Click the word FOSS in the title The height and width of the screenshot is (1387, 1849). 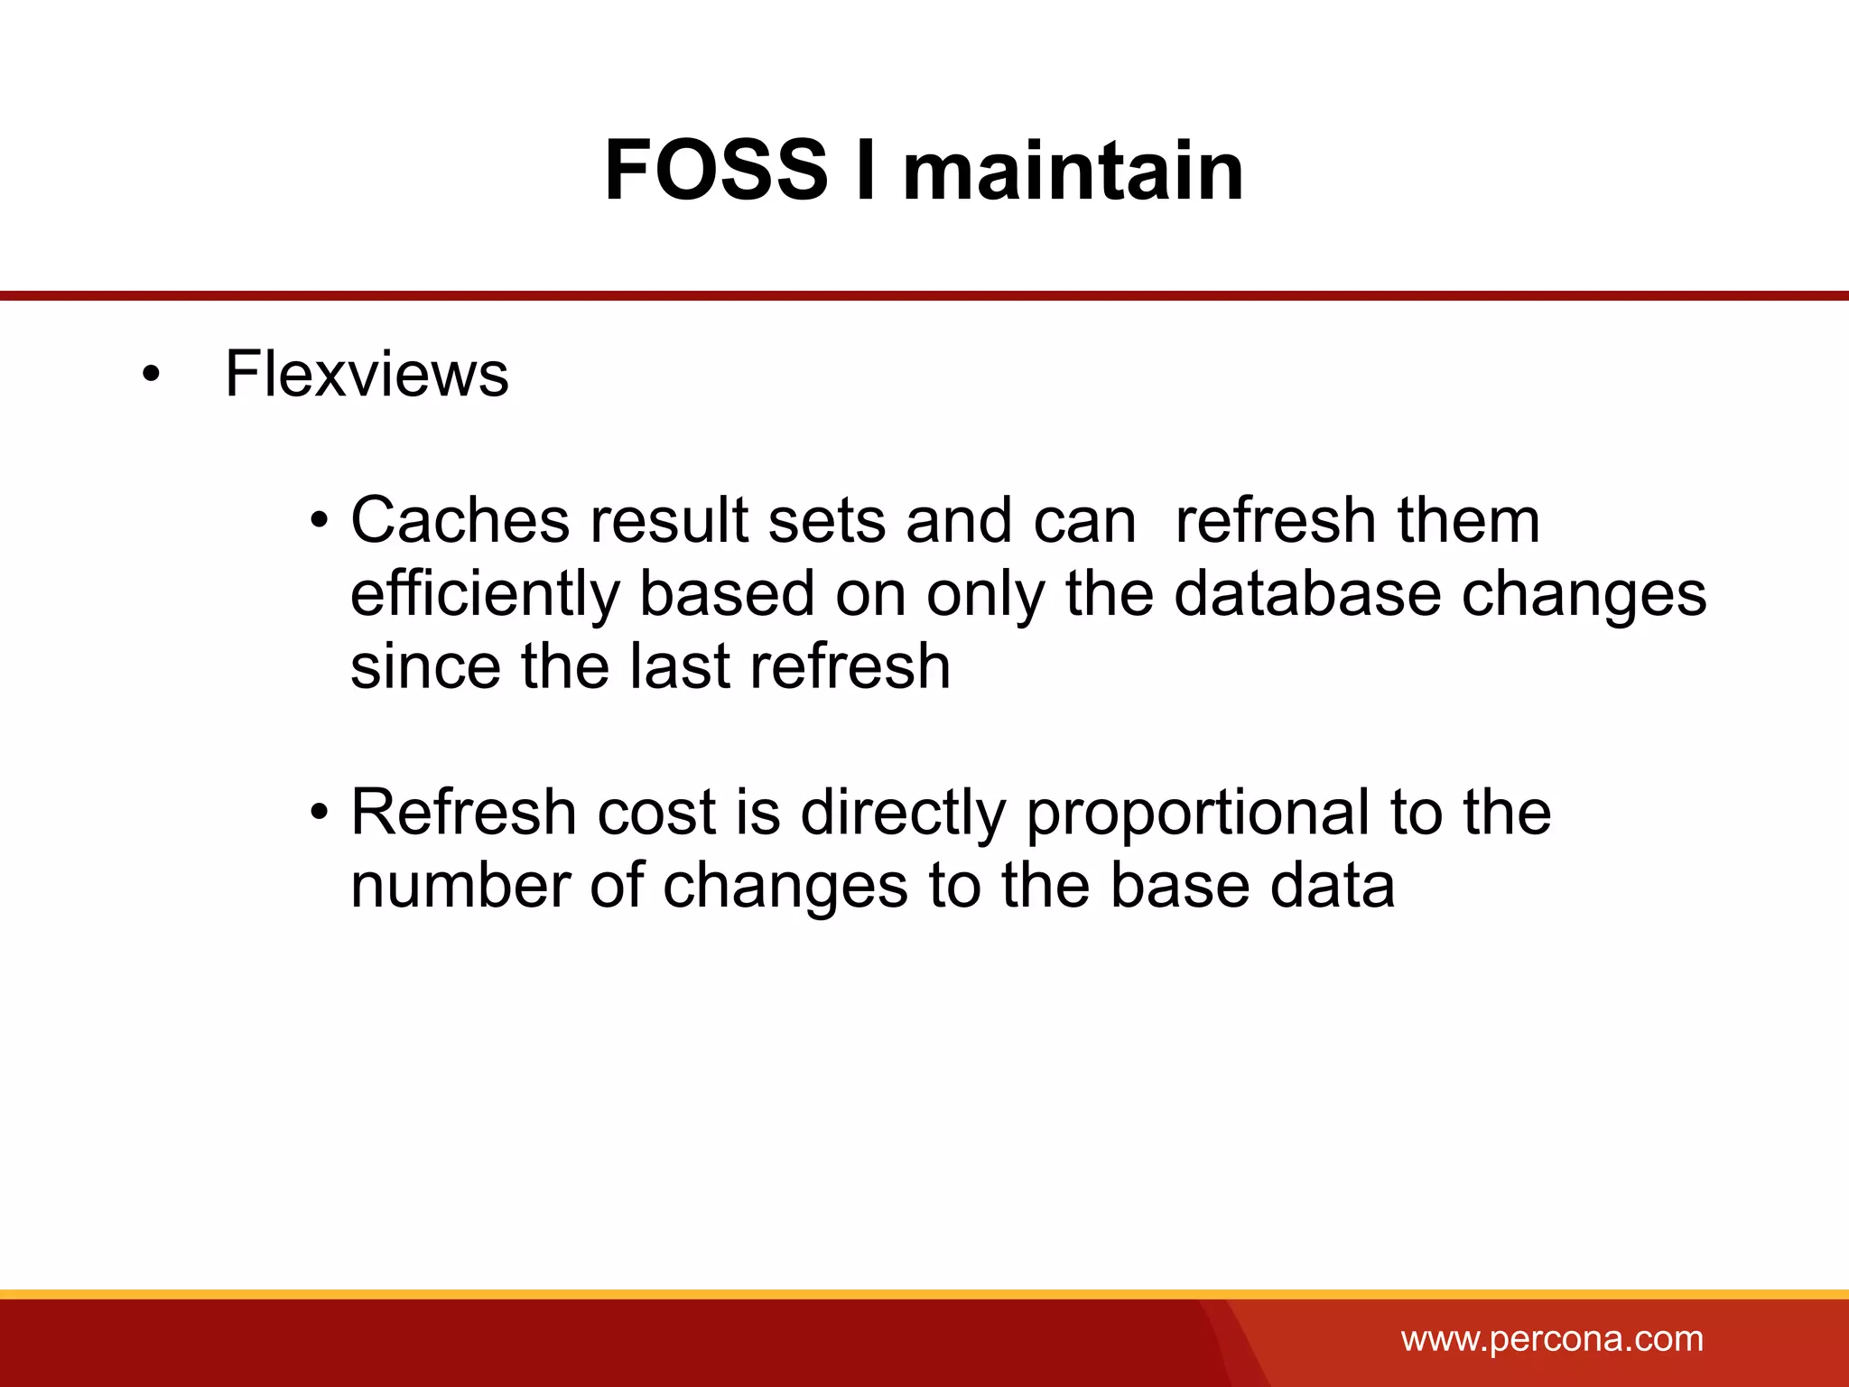coord(715,170)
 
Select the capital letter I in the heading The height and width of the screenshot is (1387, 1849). coord(865,170)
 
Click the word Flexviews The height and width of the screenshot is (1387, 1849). coord(367,374)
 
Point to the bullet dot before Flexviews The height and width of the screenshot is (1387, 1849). coord(151,375)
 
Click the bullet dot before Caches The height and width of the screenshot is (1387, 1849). coord(318,522)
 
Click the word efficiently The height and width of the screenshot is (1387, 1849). coord(485,594)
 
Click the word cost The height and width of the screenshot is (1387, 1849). coord(655,812)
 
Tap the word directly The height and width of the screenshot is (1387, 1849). coord(903,814)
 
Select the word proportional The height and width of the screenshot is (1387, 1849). coord(1198,814)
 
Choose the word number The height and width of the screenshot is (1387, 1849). coord(460,885)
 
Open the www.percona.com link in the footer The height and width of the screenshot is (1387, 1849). coord(1552,1338)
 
